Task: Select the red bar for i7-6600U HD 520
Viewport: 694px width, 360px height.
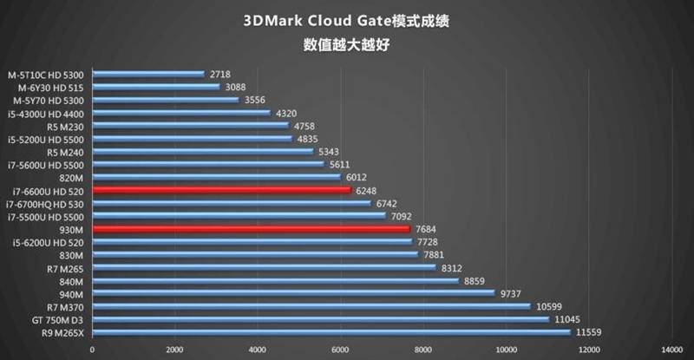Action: point(221,189)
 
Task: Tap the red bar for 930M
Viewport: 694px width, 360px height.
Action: point(251,228)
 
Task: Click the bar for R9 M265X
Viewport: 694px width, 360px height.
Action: point(331,331)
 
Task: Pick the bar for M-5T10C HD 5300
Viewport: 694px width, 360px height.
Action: point(147,74)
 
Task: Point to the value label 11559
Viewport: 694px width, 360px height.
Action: point(588,332)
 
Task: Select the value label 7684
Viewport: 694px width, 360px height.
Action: point(425,229)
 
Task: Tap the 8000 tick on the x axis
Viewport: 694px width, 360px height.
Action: point(422,350)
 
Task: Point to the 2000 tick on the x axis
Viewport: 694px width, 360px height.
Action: point(173,350)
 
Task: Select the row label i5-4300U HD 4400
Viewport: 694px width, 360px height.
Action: point(47,113)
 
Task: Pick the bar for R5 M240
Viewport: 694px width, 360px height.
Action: point(202,151)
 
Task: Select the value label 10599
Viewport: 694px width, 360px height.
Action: point(549,306)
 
